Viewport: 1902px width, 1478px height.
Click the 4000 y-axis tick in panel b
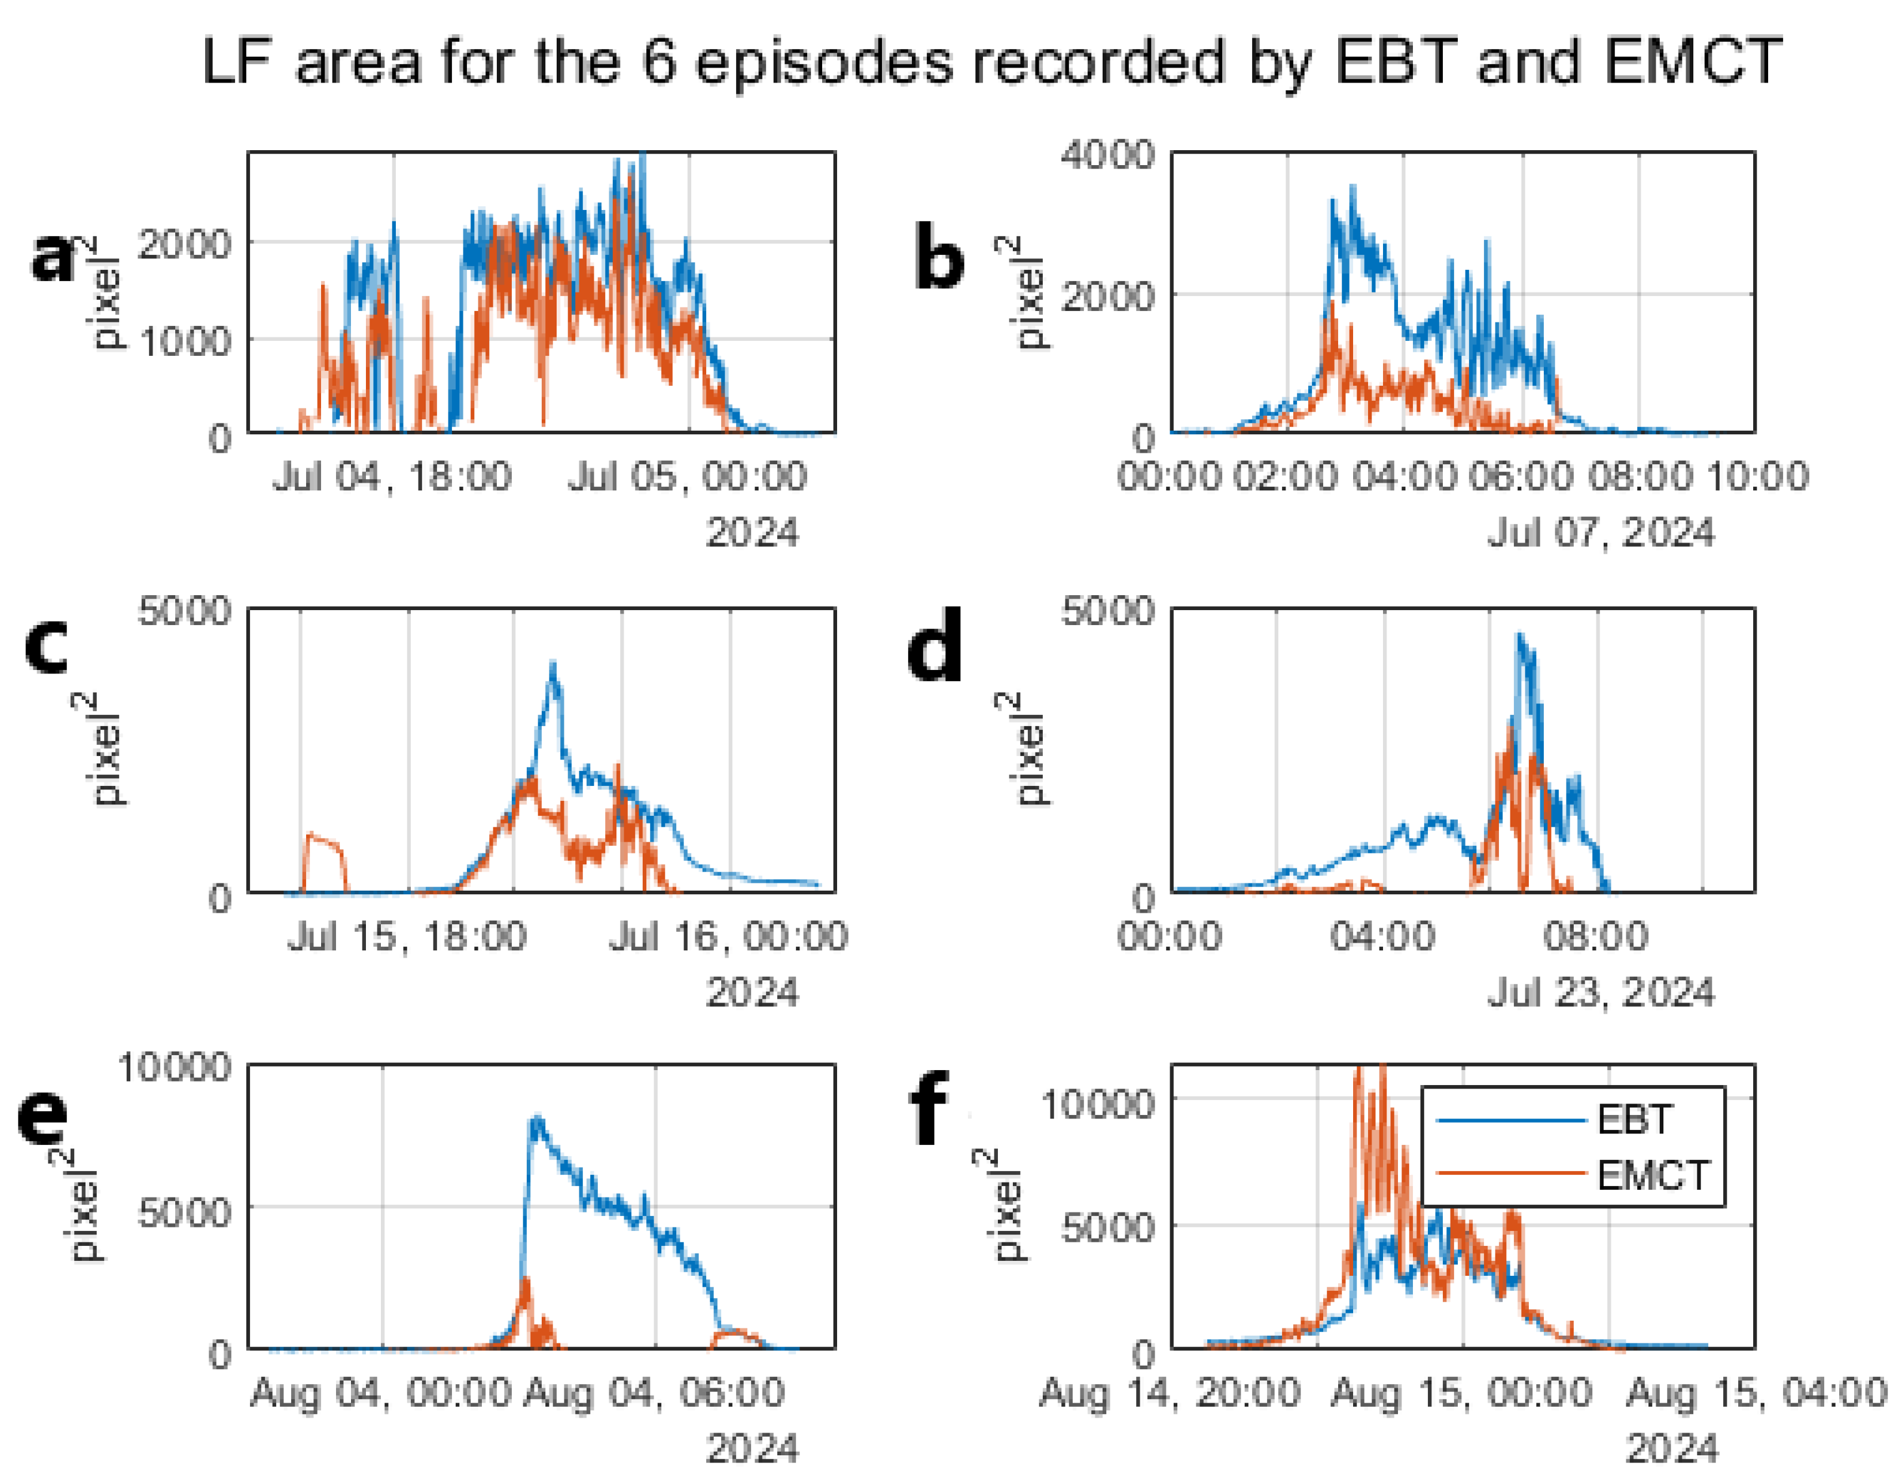coord(1107,155)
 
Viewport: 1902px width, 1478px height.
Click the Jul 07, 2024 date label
coord(1600,532)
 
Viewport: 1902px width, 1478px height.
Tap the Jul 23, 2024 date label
coord(1600,992)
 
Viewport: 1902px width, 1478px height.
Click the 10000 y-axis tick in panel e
coord(174,1067)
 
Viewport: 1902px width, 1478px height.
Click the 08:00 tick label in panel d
coord(1595,937)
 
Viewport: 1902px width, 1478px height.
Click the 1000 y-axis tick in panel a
coord(185,340)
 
